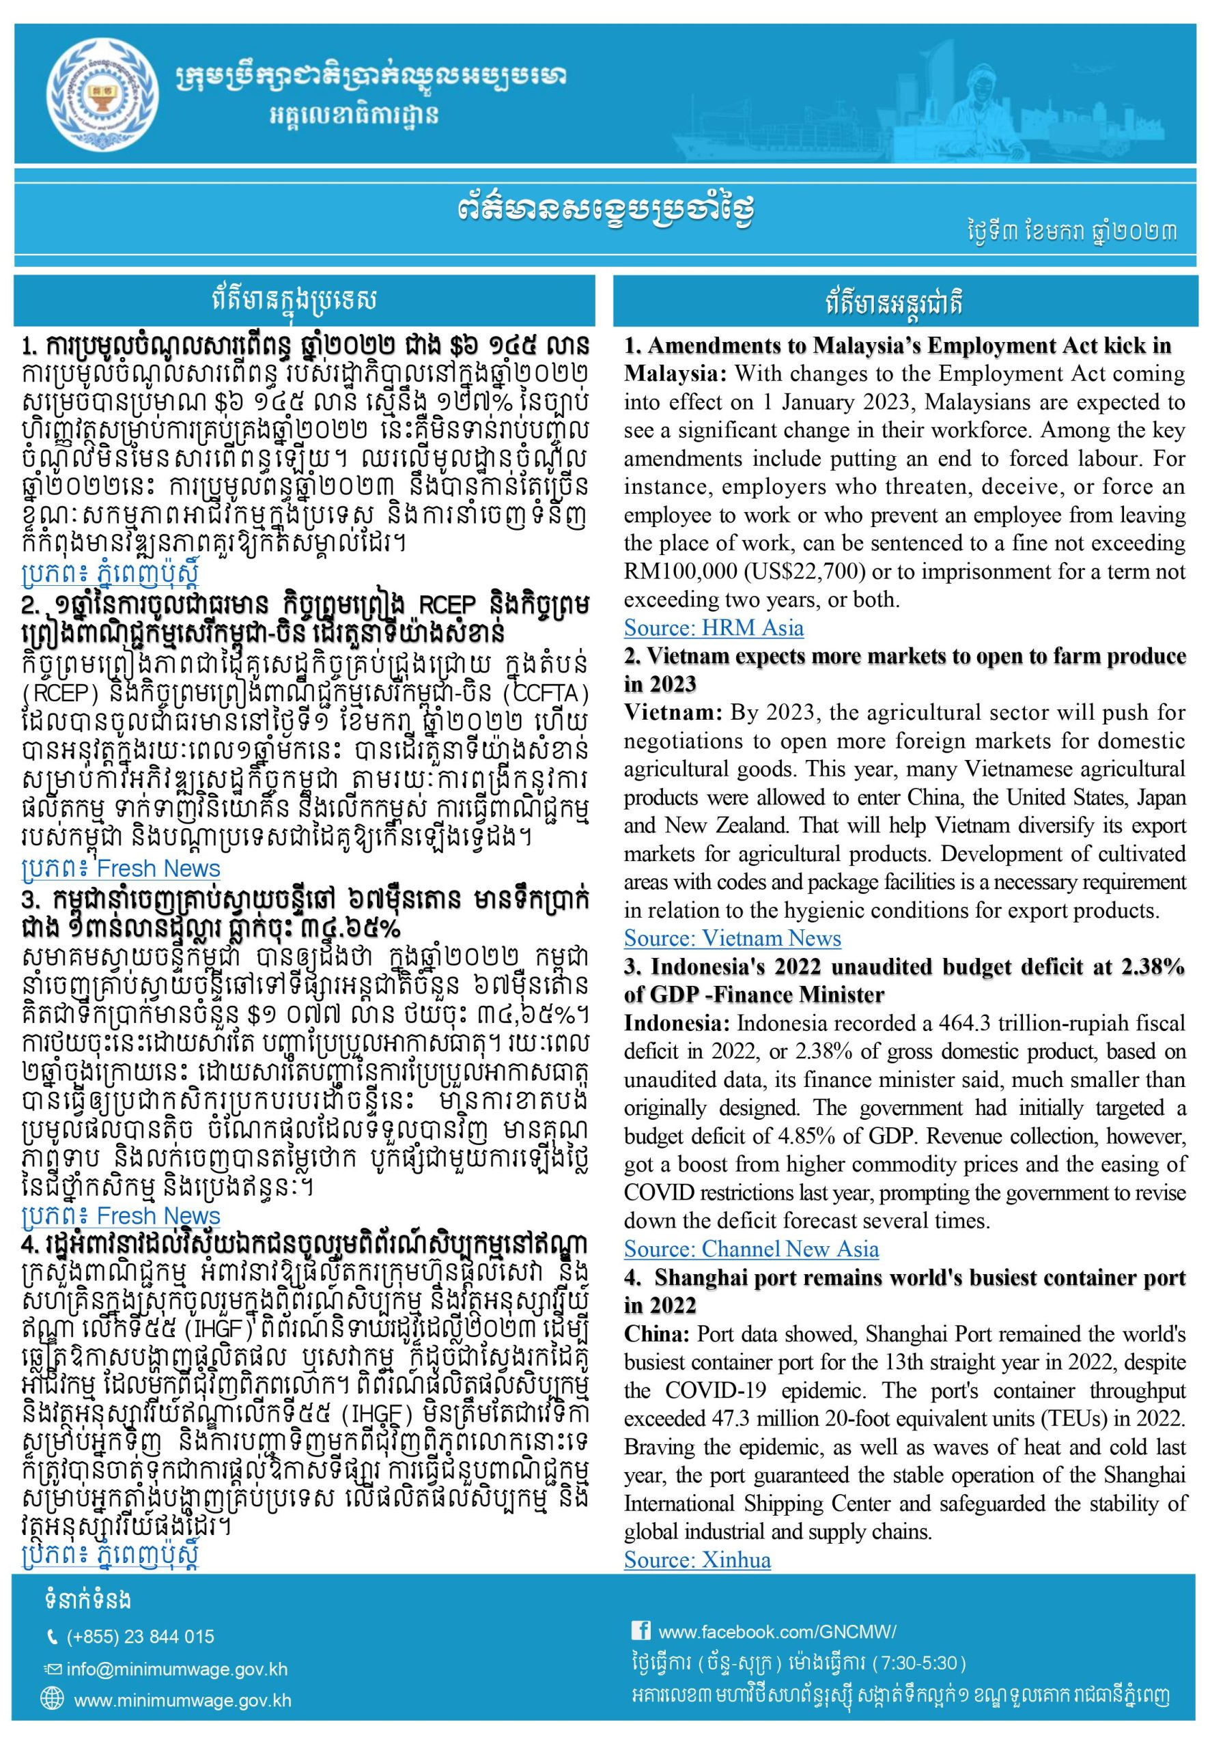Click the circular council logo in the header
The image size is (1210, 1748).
(105, 94)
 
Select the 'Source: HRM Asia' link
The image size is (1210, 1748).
(714, 628)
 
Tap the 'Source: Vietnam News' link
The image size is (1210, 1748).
(733, 938)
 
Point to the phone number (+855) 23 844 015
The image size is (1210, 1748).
(140, 1637)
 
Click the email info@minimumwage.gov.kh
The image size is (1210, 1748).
(177, 1669)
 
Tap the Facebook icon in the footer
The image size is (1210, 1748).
(640, 1631)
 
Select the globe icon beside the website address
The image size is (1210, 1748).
(53, 1701)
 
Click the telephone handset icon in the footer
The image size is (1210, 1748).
(53, 1637)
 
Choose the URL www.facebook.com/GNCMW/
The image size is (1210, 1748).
(777, 1631)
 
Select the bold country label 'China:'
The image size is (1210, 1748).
(656, 1334)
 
